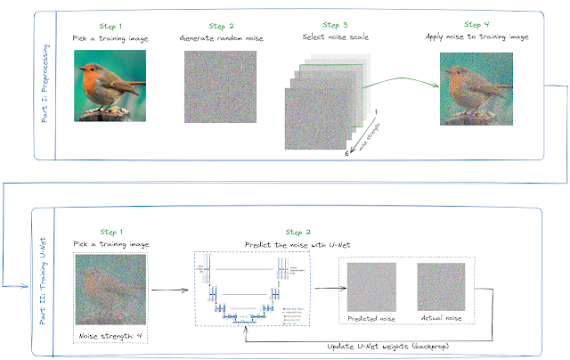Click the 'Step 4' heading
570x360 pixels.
tap(476, 25)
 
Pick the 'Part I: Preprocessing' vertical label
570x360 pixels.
tap(45, 86)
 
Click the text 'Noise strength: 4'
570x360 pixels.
tap(111, 337)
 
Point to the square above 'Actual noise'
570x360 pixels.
tap(440, 287)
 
